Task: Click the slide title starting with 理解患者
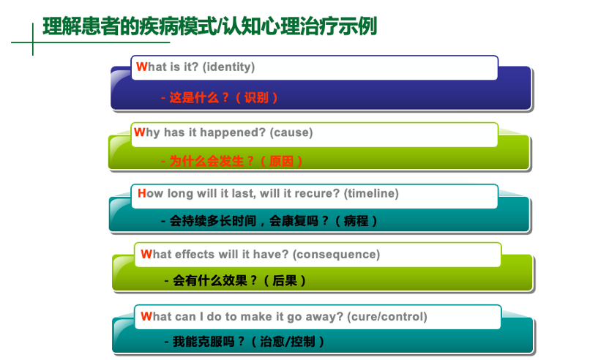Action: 210,26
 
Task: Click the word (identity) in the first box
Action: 229,67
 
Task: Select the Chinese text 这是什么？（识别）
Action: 220,97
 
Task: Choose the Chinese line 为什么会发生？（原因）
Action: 232,161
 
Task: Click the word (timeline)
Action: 371,193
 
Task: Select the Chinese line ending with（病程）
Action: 269,221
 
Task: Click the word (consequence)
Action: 336,255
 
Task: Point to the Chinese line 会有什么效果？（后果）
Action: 235,280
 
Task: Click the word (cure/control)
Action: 386,317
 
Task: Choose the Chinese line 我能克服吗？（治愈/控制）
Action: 244,342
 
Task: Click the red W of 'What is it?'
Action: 141,67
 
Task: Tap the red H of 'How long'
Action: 142,193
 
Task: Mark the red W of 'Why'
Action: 139,132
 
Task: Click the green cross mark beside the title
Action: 33,42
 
